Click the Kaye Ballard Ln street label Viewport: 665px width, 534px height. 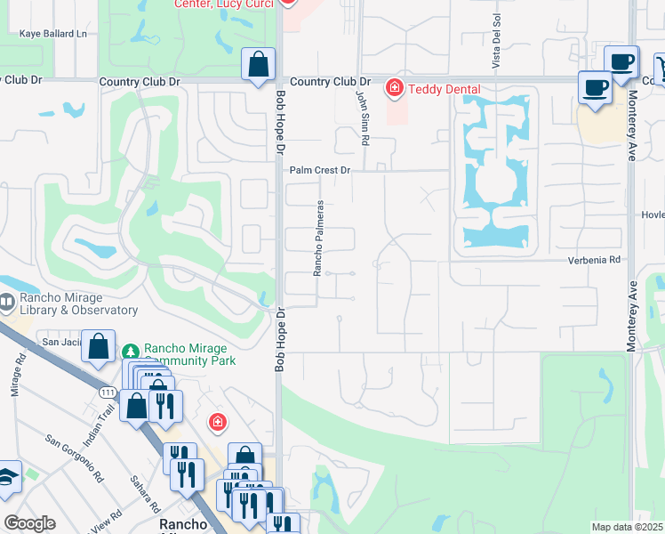coord(54,34)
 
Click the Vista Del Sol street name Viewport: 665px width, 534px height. coord(497,41)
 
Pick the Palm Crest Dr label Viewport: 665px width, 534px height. coord(321,169)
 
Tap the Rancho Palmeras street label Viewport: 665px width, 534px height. coord(317,238)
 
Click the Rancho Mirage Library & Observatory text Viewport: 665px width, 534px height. coord(76,303)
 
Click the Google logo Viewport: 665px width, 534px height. coord(29,523)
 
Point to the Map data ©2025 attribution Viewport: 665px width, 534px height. coord(627,527)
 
